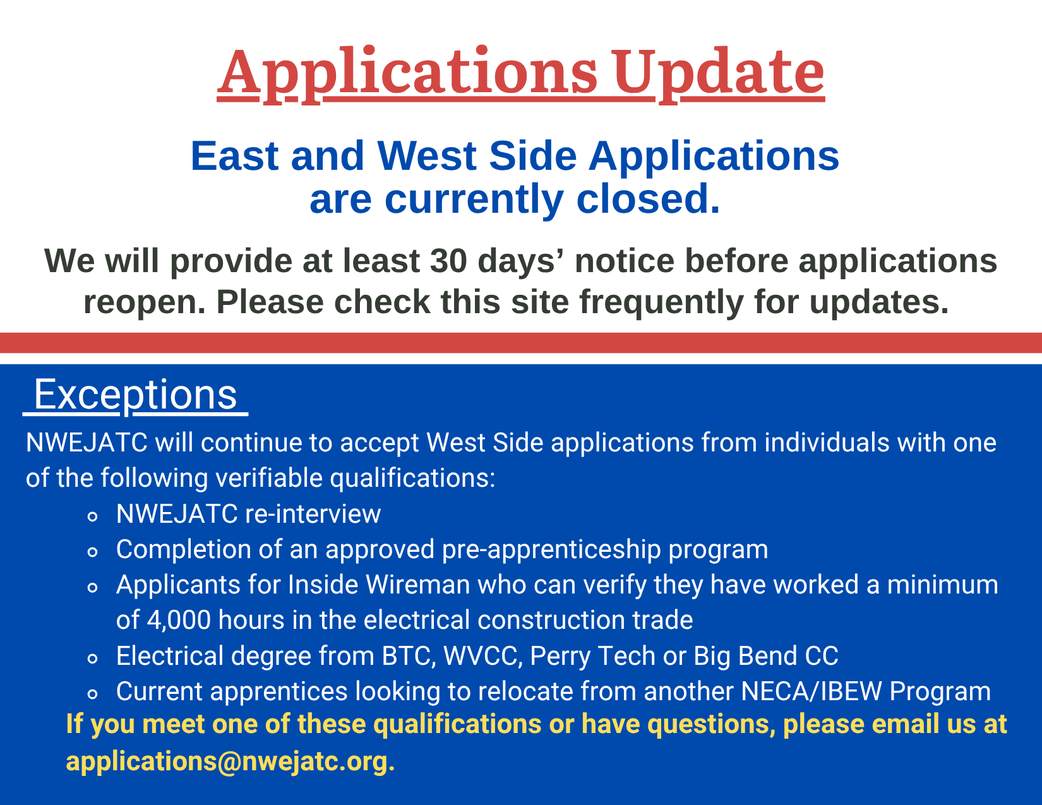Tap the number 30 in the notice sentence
click(x=448, y=261)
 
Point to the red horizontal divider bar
click(x=521, y=343)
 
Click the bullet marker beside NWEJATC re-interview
click(x=93, y=516)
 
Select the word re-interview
click(x=313, y=514)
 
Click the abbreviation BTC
click(x=409, y=656)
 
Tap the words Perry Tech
click(x=593, y=657)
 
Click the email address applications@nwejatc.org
click(x=230, y=761)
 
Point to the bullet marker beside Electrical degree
click(x=93, y=659)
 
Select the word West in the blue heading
click(x=427, y=156)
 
